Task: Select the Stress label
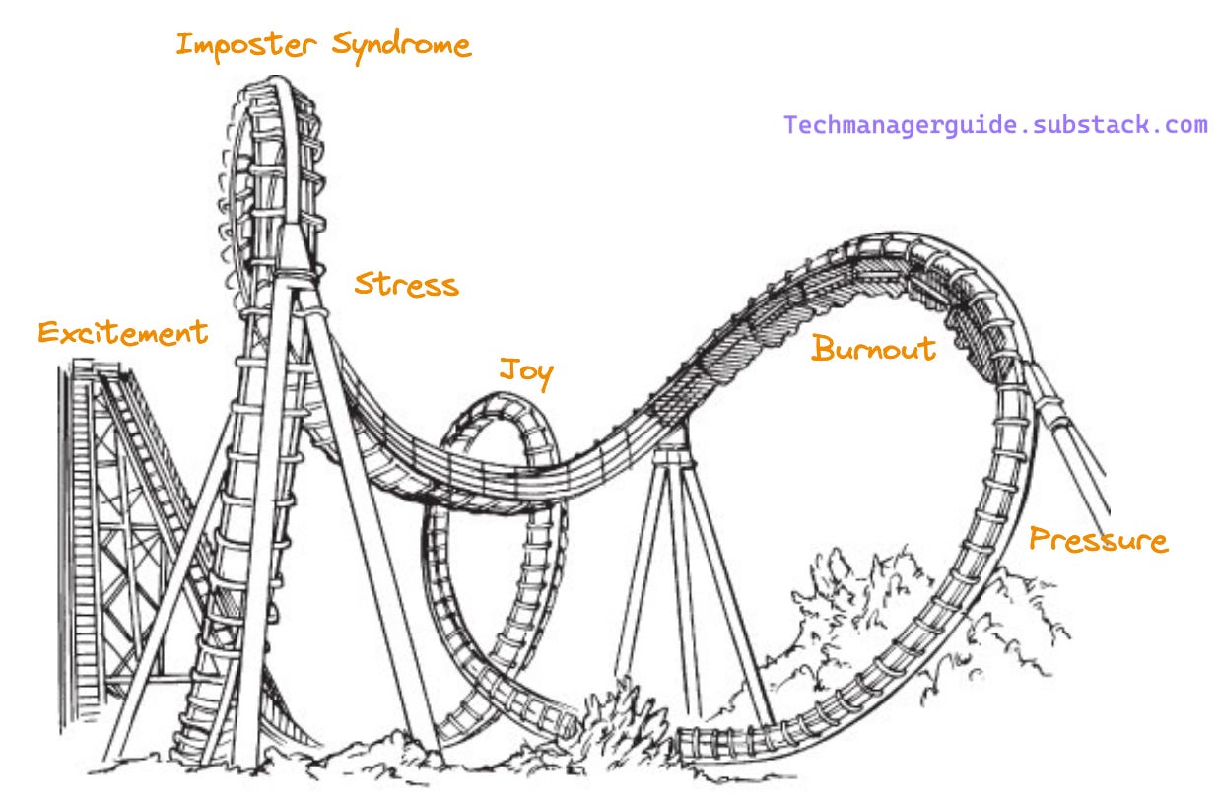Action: click(406, 284)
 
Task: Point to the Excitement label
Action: click(122, 332)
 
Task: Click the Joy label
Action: click(525, 372)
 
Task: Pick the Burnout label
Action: click(873, 348)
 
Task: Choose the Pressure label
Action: click(1098, 539)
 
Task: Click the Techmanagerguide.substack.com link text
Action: click(995, 126)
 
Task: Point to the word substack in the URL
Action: click(1075, 126)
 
